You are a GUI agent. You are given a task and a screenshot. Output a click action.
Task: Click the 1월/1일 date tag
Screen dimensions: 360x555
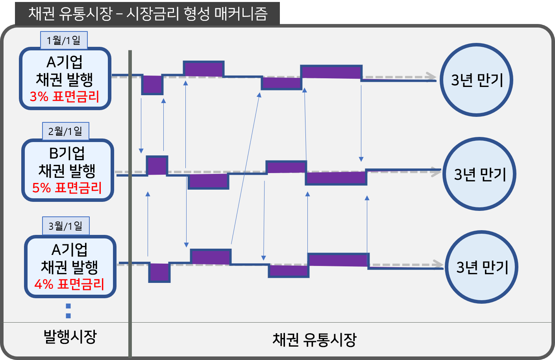point(63,40)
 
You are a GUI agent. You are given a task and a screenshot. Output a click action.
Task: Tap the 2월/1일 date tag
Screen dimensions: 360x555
point(65,131)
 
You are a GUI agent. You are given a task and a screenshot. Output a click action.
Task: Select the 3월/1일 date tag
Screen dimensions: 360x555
point(66,226)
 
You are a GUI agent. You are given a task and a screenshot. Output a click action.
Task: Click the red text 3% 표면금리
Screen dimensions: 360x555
point(65,96)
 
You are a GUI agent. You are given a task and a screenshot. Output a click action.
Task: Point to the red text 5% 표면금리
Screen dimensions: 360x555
point(67,188)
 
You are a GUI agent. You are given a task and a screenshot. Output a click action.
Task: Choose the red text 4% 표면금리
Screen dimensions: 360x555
point(69,284)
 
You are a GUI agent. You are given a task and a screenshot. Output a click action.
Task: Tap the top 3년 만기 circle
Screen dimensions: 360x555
point(476,80)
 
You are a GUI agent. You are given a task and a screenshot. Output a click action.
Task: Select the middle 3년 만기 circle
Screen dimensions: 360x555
point(479,174)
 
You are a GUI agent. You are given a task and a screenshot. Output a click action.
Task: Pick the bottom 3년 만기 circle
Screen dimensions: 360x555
point(482,267)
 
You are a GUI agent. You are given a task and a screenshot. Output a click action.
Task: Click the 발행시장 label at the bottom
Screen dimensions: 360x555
point(70,337)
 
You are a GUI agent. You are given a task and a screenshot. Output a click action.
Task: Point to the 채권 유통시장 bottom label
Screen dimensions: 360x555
point(314,340)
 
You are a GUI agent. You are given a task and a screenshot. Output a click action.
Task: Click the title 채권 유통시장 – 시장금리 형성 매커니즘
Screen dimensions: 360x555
point(148,14)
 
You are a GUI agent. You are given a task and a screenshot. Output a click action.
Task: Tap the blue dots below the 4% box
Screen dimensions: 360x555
point(68,311)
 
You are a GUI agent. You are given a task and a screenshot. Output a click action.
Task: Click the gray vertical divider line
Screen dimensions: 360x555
point(130,197)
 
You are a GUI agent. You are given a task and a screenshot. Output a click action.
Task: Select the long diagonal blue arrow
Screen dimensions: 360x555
point(245,169)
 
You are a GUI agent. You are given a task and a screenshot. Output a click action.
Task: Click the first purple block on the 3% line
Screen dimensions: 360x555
point(152,84)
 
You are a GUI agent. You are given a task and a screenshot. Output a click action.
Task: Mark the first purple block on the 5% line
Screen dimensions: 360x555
point(157,166)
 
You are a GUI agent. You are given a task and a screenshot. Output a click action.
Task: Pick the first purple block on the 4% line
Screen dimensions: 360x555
point(159,272)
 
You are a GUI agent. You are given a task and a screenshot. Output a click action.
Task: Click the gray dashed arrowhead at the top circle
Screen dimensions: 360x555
point(431,77)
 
